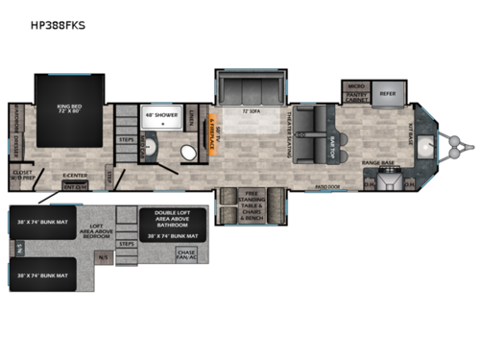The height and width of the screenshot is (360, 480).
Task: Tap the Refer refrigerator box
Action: (x=388, y=94)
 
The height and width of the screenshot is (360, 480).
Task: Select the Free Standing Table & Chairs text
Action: (x=253, y=206)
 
